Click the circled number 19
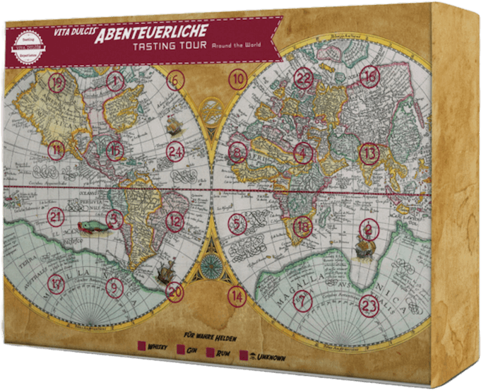(58, 83)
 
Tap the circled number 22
(304, 78)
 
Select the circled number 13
(369, 154)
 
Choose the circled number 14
(238, 296)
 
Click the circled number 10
(239, 78)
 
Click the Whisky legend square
(142, 345)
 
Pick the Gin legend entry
(180, 348)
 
